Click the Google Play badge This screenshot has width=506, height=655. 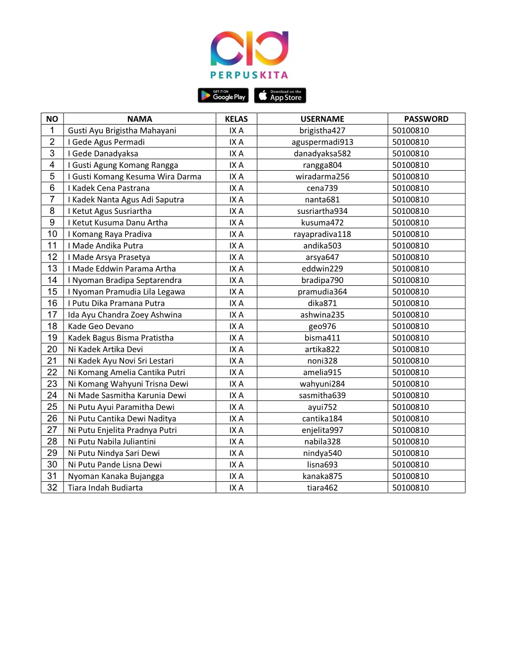coord(223,95)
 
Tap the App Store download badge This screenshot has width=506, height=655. coord(280,95)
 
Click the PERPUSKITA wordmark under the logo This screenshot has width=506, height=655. coord(249,75)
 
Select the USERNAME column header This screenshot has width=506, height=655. coord(322,119)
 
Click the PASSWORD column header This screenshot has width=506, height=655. coord(426,119)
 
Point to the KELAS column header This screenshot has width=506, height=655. coord(236,119)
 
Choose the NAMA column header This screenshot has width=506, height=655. coord(139,119)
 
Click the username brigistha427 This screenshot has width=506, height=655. coord(322,131)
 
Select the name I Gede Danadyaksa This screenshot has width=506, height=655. coord(103,154)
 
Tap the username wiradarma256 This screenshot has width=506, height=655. coord(322,177)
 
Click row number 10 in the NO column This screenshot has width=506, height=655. coord(52,234)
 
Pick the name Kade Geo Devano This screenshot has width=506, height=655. coord(101,327)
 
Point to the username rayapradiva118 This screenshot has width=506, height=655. coord(322,234)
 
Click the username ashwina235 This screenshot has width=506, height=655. coord(322,315)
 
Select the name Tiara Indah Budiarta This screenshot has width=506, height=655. coord(105,488)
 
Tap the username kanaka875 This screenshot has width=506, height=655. coord(322,476)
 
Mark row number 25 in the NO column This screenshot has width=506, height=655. coord(52,407)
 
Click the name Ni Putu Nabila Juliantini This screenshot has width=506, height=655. coord(112,442)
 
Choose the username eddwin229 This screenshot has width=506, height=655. coord(322,269)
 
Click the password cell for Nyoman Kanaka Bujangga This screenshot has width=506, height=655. coord(410,476)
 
